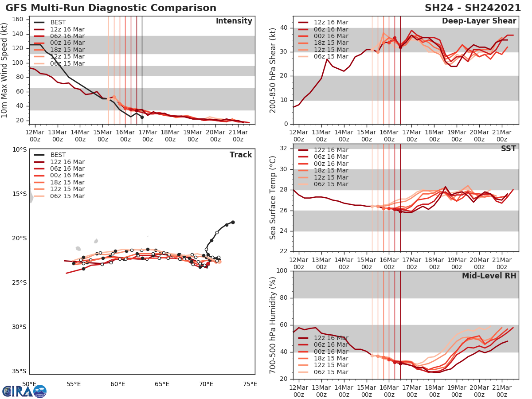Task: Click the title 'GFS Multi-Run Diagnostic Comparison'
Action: coord(111,8)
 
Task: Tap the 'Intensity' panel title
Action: coord(234,21)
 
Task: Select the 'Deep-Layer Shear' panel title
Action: coord(479,21)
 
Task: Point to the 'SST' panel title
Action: coord(508,149)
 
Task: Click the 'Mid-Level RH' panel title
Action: coord(489,276)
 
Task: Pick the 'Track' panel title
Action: coord(241,155)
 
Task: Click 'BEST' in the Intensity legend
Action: coord(58,23)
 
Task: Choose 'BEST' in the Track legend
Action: coord(58,155)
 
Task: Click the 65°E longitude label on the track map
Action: coord(162,384)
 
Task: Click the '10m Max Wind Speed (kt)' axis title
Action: coord(5,70)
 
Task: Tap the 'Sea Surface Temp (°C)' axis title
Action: coord(273,198)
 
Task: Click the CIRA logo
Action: coord(24,391)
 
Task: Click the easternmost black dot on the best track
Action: coord(233,222)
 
